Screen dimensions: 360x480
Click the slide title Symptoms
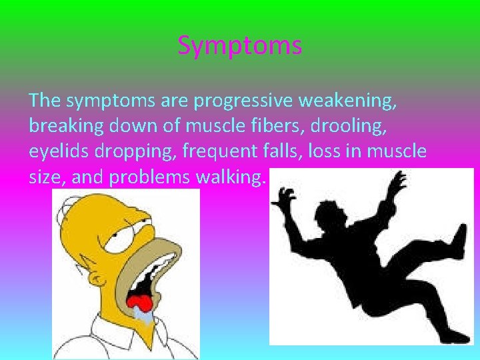coord(240,46)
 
